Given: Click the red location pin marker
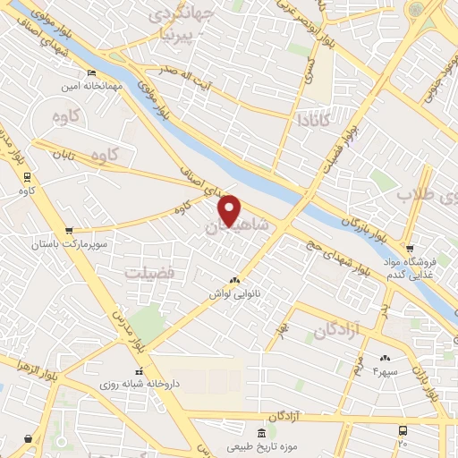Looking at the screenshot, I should tap(230, 209).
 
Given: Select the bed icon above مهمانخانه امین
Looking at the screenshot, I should tap(91, 73).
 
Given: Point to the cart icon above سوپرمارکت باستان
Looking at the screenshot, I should tap(69, 229).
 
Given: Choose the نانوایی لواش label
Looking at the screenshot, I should tap(234, 293).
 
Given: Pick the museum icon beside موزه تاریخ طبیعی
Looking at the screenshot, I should tap(260, 433).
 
